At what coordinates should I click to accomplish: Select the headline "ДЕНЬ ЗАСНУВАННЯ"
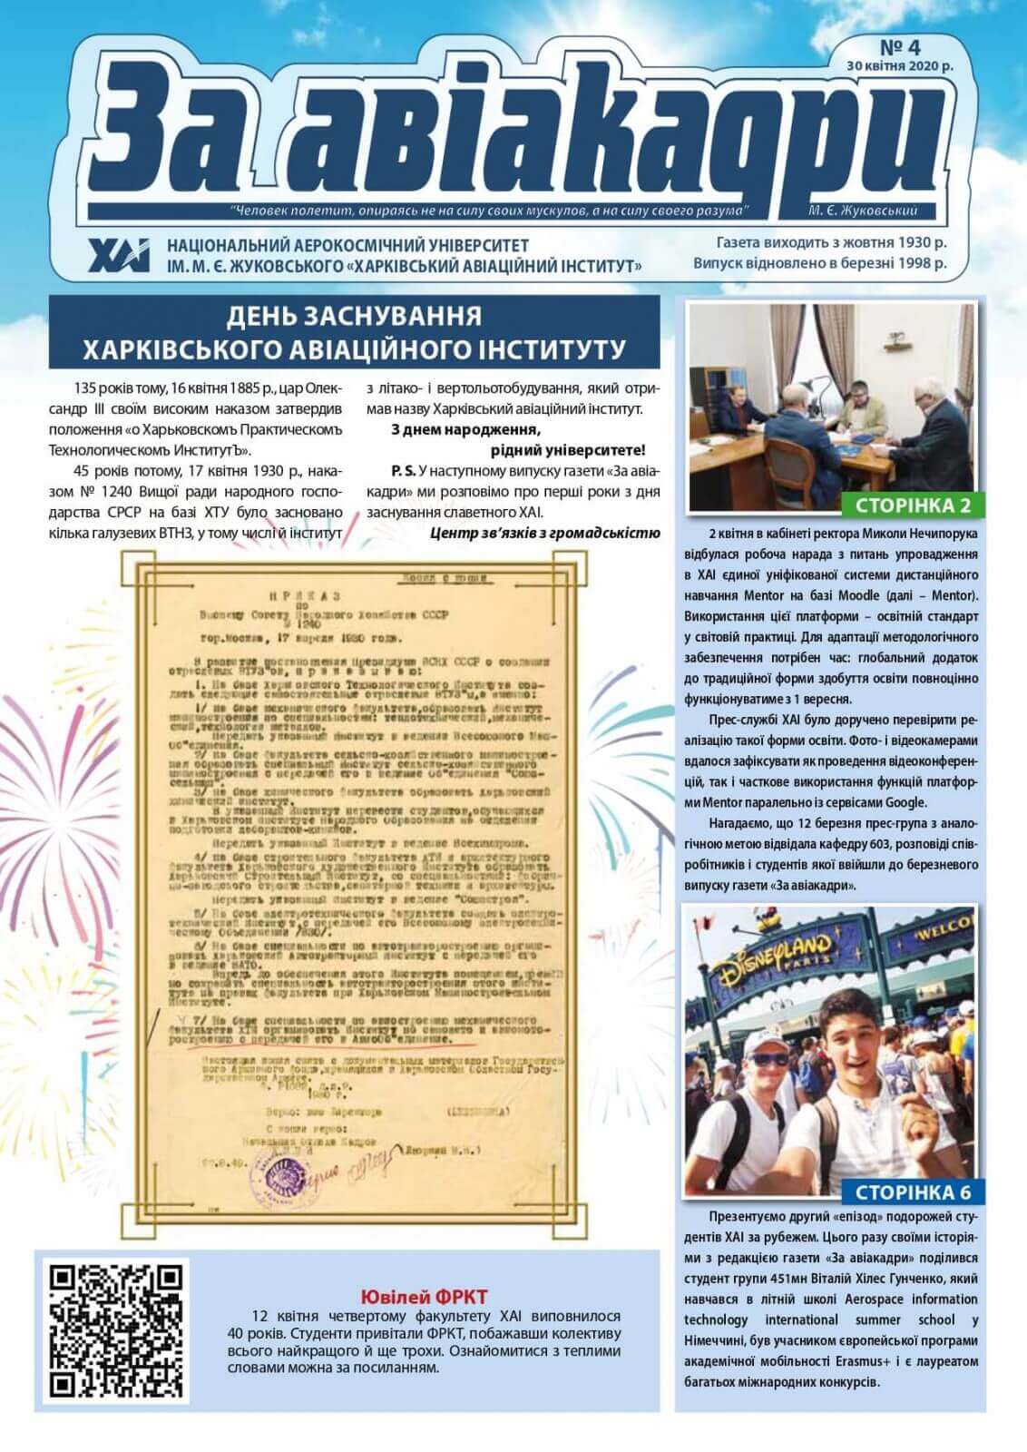coord(354,317)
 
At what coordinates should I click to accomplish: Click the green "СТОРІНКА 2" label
coord(912,505)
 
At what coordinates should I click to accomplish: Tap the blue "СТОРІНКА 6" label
coord(911,1192)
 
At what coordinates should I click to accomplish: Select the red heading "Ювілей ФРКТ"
coord(424,1297)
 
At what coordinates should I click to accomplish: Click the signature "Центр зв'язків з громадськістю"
coord(544,533)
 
